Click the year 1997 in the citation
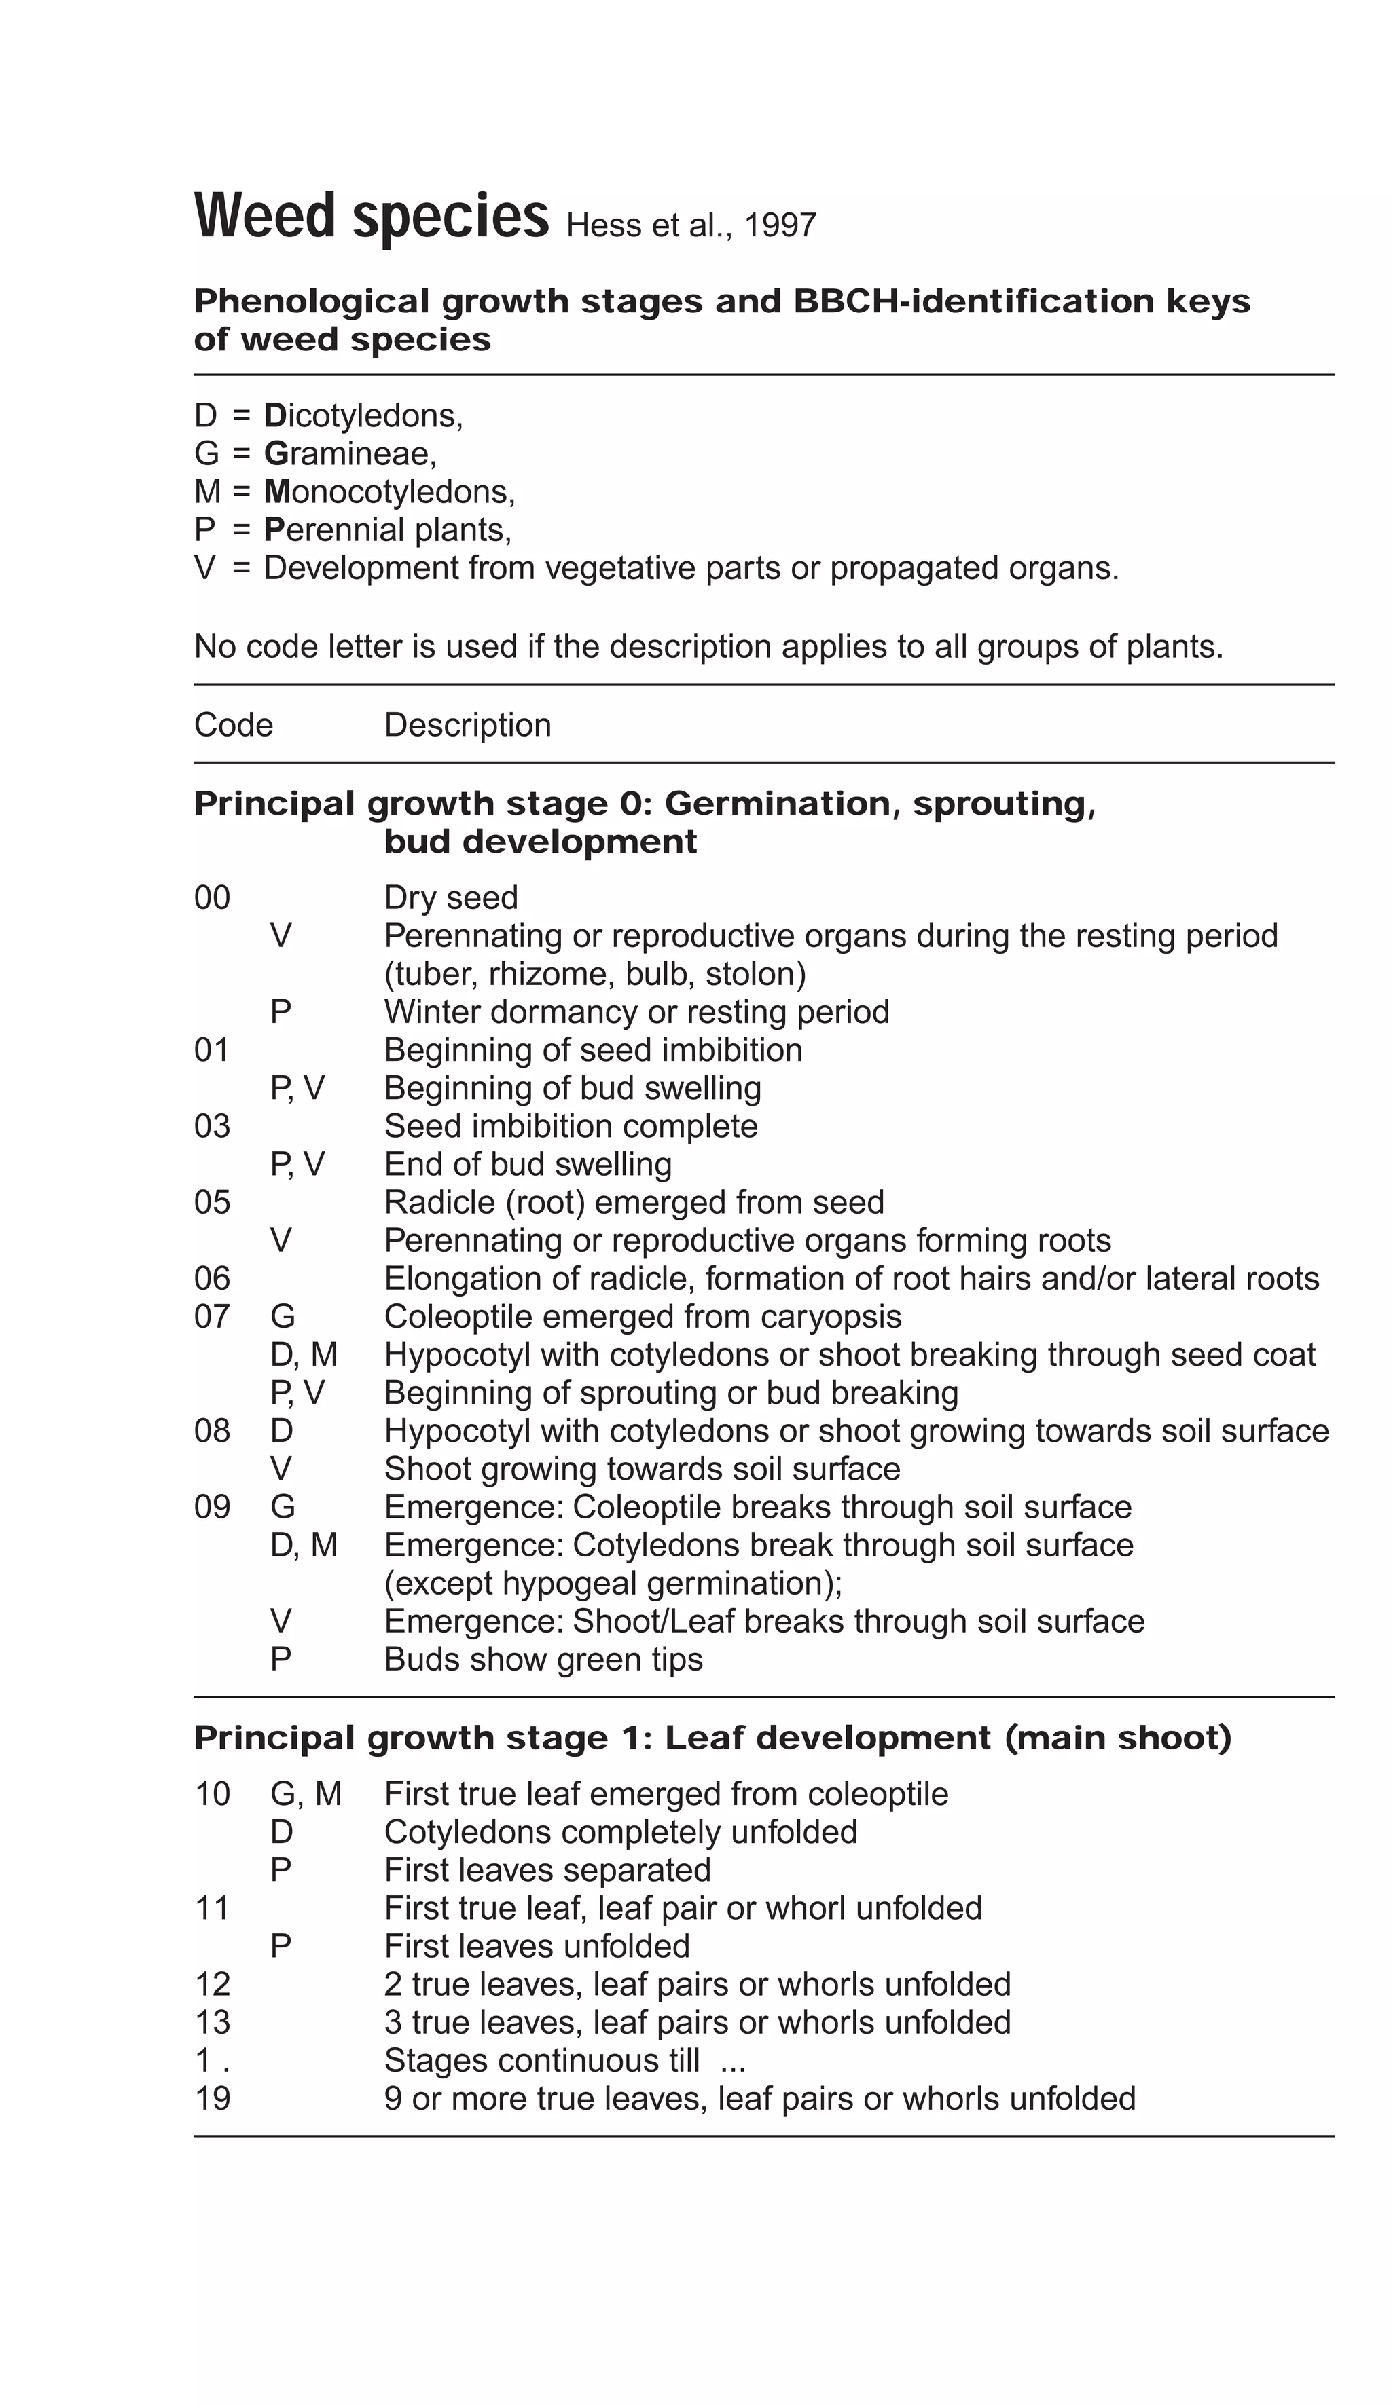tap(779, 226)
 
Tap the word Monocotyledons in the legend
tap(389, 491)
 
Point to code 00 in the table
tap(212, 897)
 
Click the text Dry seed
tap(450, 897)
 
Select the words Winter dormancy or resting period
tap(636, 1011)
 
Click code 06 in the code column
tap(212, 1278)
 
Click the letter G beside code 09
tap(283, 1507)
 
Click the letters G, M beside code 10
tap(306, 1794)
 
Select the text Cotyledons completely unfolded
tap(619, 1832)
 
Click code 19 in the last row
tap(212, 2099)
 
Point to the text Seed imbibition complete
tap(570, 1126)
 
